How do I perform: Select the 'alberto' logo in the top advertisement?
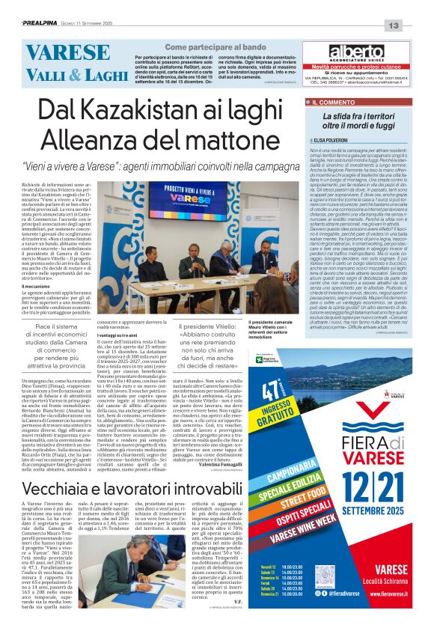tap(356, 52)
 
